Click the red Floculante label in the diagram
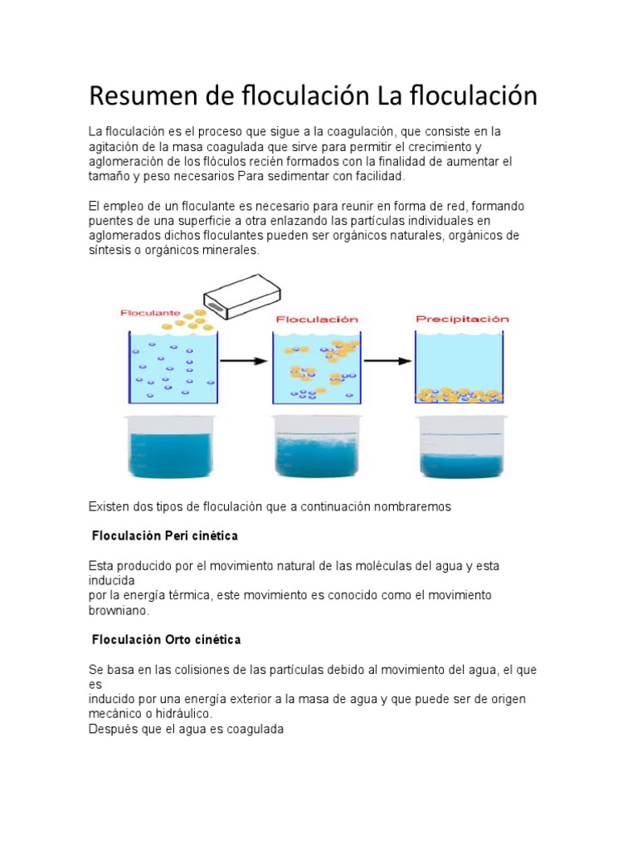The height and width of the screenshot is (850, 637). pyautogui.click(x=150, y=313)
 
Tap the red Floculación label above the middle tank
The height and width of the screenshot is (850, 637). pyautogui.click(x=316, y=319)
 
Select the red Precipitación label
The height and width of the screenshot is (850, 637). pyautogui.click(x=461, y=318)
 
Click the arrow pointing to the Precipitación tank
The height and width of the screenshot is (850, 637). pyautogui.click(x=387, y=361)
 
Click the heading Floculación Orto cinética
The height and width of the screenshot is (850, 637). pyautogui.click(x=166, y=640)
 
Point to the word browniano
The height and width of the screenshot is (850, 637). pyautogui.click(x=119, y=610)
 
